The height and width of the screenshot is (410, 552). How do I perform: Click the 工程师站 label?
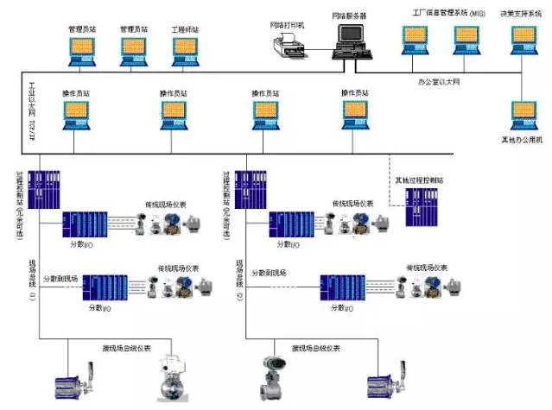185,28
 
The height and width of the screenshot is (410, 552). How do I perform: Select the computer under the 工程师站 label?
184,51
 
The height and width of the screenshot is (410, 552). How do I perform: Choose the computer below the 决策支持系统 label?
523,40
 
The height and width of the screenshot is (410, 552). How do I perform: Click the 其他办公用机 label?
523,139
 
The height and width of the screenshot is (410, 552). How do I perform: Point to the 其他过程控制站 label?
419,180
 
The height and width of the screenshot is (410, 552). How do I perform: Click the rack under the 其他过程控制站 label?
426,206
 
